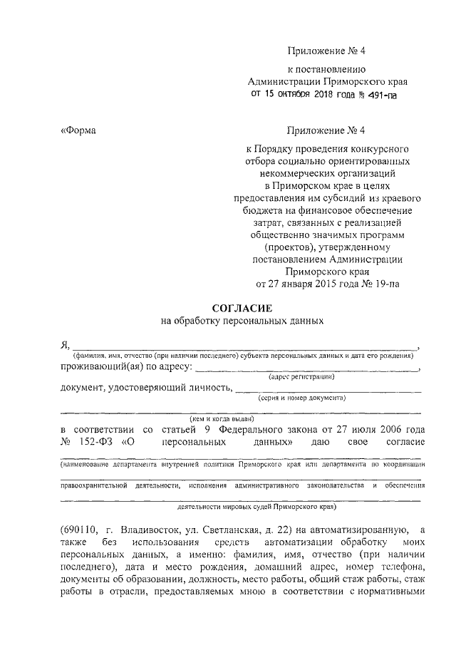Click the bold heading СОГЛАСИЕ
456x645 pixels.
(242, 307)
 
